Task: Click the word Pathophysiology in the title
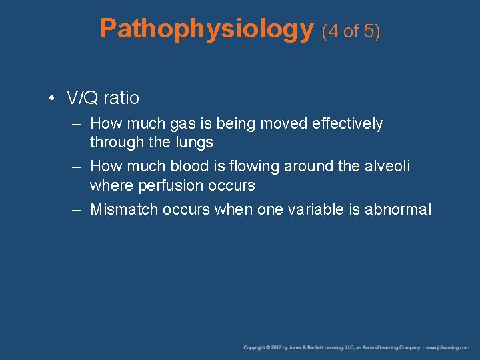point(206,29)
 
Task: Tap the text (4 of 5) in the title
point(351,31)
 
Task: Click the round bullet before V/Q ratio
point(51,99)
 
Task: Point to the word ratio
point(122,99)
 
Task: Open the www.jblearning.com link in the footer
point(449,348)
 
